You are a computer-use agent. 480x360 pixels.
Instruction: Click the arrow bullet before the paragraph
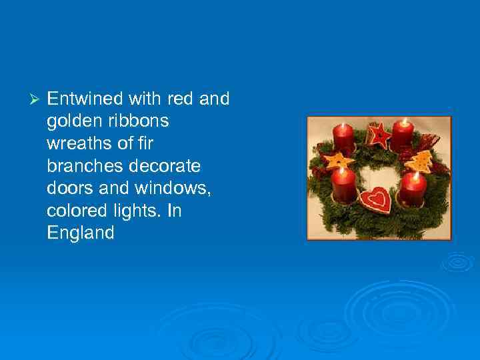(36, 100)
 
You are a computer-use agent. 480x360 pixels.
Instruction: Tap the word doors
(66, 189)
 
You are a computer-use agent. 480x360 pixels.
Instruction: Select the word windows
(177, 189)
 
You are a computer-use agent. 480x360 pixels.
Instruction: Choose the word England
(81, 233)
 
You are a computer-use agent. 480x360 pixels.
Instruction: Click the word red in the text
(180, 99)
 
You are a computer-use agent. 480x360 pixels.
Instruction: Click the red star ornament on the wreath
(379, 136)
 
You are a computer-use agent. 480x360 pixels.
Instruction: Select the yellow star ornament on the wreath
(337, 161)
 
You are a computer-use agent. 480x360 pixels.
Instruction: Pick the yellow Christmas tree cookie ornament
(421, 161)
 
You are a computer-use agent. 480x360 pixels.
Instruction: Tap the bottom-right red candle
(413, 189)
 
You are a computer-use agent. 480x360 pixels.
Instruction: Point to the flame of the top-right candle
(403, 122)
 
